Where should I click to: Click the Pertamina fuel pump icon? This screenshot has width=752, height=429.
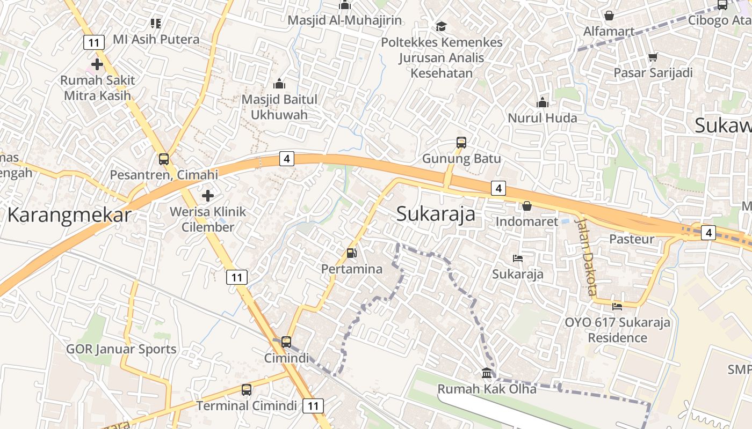(351, 253)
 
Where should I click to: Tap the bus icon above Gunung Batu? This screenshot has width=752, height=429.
(461, 143)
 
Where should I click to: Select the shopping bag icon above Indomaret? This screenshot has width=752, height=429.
(527, 206)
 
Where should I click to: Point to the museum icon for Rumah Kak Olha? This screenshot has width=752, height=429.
(487, 373)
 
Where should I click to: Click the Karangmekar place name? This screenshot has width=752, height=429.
(69, 215)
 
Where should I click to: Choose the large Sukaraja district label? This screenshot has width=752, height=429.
(436, 213)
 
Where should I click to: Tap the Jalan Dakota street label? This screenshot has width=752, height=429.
(586, 256)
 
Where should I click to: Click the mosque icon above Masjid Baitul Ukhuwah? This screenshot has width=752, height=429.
(279, 84)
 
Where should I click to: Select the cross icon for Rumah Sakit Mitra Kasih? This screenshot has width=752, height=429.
(97, 65)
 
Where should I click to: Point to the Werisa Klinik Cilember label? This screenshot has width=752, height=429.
(208, 219)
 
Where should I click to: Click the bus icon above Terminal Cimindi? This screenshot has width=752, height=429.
(247, 390)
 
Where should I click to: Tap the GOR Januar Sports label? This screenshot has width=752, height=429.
(121, 350)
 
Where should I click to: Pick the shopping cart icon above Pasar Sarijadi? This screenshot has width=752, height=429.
(653, 57)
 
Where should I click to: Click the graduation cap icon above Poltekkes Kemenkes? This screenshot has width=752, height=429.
(441, 26)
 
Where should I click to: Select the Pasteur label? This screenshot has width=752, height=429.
(632, 239)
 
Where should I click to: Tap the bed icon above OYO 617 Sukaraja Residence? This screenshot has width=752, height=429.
(617, 307)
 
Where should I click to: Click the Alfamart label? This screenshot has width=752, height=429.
(609, 32)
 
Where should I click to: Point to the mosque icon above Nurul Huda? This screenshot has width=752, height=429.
(543, 102)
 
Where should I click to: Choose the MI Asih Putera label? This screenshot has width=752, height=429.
(156, 39)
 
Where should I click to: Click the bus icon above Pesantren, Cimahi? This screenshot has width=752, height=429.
(164, 159)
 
